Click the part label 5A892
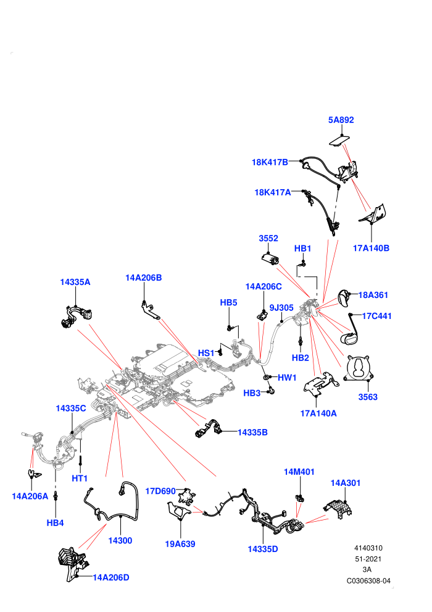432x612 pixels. pyautogui.click(x=341, y=120)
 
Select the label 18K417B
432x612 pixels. pyautogui.click(x=270, y=162)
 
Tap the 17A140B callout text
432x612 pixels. pyautogui.click(x=371, y=248)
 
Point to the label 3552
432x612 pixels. pyautogui.click(x=268, y=238)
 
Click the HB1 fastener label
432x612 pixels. pyautogui.click(x=302, y=249)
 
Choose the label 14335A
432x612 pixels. pyautogui.click(x=75, y=282)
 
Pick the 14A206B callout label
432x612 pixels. pyautogui.click(x=143, y=278)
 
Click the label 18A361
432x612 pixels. pyautogui.click(x=373, y=295)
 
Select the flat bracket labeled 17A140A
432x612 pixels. pyautogui.click(x=321, y=383)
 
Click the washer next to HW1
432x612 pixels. pyautogui.click(x=266, y=378)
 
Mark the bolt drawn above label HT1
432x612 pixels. pyautogui.click(x=80, y=461)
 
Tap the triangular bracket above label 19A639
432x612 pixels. pyautogui.click(x=178, y=511)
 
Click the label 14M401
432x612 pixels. pyautogui.click(x=299, y=472)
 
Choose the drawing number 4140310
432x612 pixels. pyautogui.click(x=368, y=548)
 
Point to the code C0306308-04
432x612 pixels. pyautogui.click(x=368, y=580)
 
